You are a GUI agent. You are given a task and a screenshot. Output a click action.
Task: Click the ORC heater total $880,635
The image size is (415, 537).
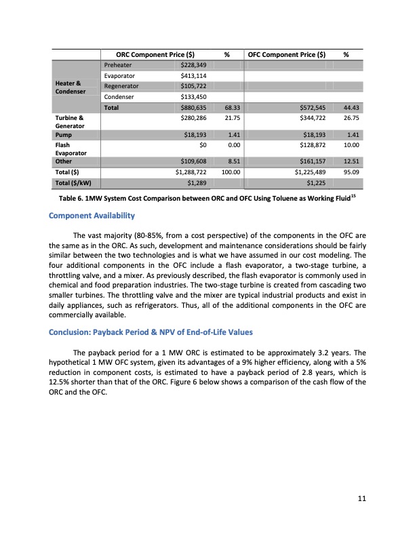[x=191, y=108]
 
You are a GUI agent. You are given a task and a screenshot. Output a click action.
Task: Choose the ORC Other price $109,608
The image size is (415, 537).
[x=191, y=162]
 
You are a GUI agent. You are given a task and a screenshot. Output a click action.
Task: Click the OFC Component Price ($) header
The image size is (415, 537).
[x=288, y=54]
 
